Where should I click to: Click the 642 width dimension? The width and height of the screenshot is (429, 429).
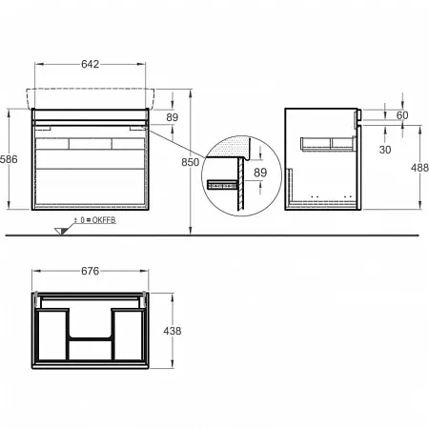point(91,64)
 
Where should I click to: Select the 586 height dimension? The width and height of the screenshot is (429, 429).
point(9,159)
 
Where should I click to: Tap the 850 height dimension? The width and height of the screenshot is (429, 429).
point(190,162)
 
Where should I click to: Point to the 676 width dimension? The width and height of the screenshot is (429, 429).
point(91,271)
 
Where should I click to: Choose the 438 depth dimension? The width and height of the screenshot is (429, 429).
point(173,331)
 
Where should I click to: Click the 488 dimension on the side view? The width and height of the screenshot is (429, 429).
point(419,168)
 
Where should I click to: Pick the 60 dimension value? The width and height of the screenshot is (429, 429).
point(402,115)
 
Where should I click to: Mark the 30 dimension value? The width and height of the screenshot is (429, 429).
point(385,150)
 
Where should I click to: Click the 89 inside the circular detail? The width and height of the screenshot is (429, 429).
point(260,173)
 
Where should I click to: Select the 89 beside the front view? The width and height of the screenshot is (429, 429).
point(173,117)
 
